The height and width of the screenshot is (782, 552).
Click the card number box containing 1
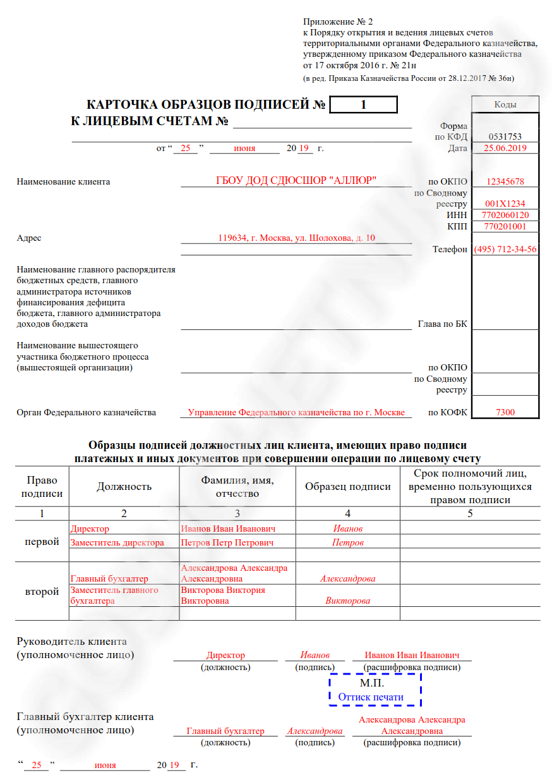pyautogui.click(x=363, y=105)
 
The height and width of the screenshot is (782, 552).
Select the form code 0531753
pyautogui.click(x=505, y=137)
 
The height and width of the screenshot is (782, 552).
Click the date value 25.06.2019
pyautogui.click(x=505, y=148)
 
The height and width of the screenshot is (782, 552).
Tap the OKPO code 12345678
pyautogui.click(x=505, y=181)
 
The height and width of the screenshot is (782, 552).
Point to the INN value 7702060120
pyautogui.click(x=505, y=215)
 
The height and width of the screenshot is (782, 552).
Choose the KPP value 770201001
pyautogui.click(x=505, y=226)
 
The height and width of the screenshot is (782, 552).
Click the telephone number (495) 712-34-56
pyautogui.click(x=505, y=249)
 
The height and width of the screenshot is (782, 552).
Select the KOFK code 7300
pyautogui.click(x=505, y=412)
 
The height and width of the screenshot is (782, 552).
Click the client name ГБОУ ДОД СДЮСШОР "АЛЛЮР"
pyautogui.click(x=296, y=181)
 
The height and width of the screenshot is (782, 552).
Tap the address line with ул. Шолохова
pyautogui.click(x=296, y=238)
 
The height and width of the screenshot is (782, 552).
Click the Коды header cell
pyautogui.click(x=505, y=104)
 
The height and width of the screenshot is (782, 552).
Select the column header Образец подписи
pyautogui.click(x=347, y=487)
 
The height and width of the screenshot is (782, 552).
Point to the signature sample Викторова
pyautogui.click(x=347, y=601)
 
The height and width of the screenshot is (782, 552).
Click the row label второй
pyautogui.click(x=42, y=592)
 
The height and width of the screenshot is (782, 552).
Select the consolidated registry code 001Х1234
pyautogui.click(x=505, y=204)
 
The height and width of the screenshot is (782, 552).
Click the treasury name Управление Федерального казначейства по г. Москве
pyautogui.click(x=296, y=412)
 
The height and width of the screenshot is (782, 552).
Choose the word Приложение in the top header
pyautogui.click(x=329, y=21)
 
